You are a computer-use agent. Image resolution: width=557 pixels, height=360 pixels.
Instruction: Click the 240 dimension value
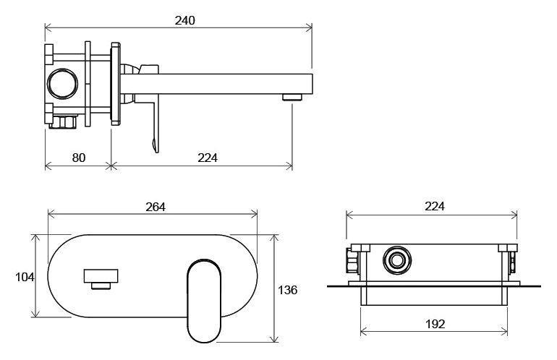click(184, 20)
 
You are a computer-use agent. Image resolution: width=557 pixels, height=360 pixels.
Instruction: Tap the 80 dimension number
click(79, 158)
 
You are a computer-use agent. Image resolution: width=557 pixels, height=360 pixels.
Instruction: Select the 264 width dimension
click(156, 207)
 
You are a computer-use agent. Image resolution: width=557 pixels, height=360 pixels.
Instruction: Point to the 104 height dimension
click(25, 277)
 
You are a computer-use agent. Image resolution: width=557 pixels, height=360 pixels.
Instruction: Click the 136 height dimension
click(287, 290)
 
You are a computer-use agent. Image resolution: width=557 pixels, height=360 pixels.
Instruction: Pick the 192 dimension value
click(435, 324)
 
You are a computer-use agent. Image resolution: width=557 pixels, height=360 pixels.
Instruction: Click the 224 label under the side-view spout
click(208, 158)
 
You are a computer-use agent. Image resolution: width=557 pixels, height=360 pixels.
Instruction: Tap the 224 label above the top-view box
click(435, 206)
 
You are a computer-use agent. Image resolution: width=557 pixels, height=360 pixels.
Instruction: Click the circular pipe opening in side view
click(62, 84)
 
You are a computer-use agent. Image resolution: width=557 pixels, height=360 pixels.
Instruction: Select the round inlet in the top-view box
click(397, 260)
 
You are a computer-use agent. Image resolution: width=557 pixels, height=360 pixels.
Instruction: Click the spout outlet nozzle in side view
click(292, 98)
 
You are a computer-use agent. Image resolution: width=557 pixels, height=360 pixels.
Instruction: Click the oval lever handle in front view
click(204, 301)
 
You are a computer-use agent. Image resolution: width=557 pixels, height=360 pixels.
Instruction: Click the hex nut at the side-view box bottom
click(63, 121)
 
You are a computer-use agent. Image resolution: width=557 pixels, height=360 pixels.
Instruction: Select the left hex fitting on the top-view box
click(352, 260)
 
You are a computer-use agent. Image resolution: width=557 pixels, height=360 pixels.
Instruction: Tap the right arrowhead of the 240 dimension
click(309, 27)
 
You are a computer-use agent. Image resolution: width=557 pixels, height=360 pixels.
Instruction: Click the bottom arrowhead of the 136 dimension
click(274, 339)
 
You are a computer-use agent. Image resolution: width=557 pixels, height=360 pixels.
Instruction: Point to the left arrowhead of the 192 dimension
click(364, 333)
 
